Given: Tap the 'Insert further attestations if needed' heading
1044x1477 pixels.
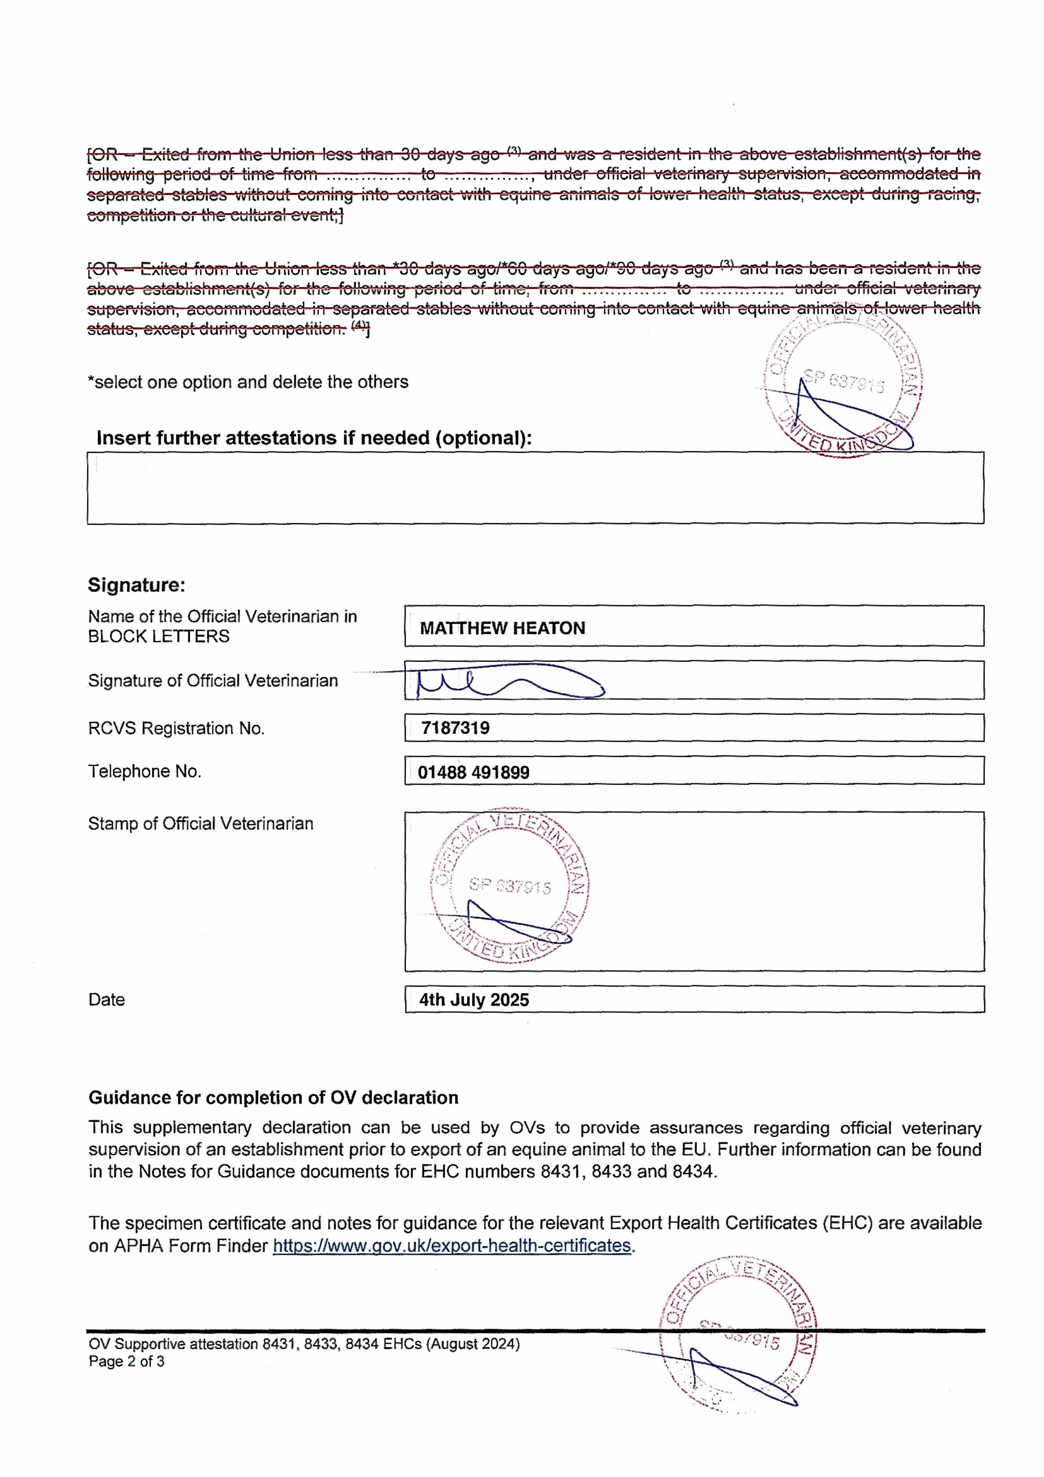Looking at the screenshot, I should [x=314, y=438].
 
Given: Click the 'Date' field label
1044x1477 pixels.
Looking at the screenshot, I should [x=106, y=1000].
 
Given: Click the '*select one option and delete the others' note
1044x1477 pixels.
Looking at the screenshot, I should [x=248, y=382].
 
